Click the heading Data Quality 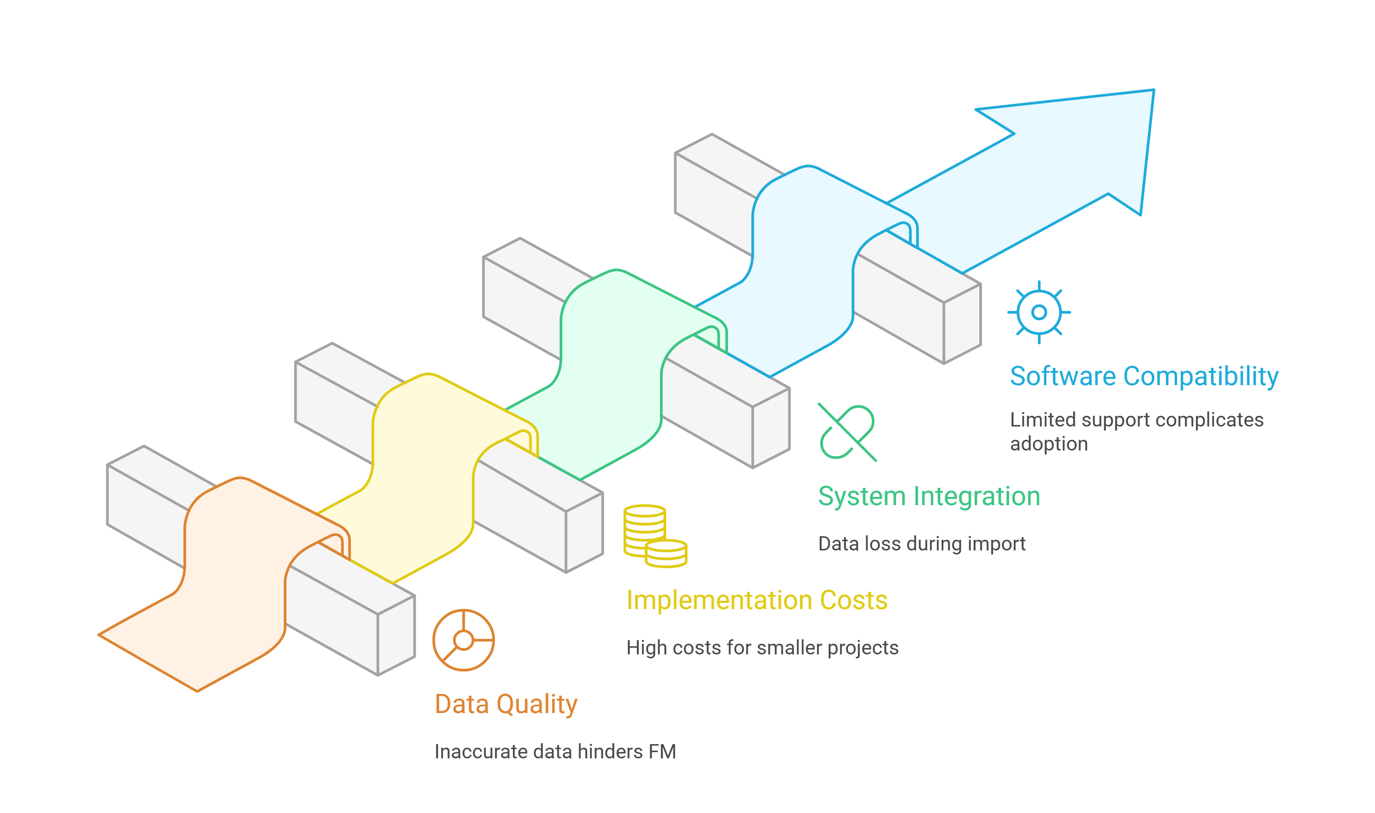(505, 704)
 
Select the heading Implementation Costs (757, 601)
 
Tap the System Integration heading (929, 496)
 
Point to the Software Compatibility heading (1144, 376)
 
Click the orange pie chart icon (463, 640)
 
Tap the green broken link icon (846, 432)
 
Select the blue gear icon (1039, 312)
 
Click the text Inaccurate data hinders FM (555, 752)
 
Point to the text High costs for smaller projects (762, 648)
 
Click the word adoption (1049, 444)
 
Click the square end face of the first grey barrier (396, 635)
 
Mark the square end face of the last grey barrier (962, 324)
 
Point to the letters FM (662, 752)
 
